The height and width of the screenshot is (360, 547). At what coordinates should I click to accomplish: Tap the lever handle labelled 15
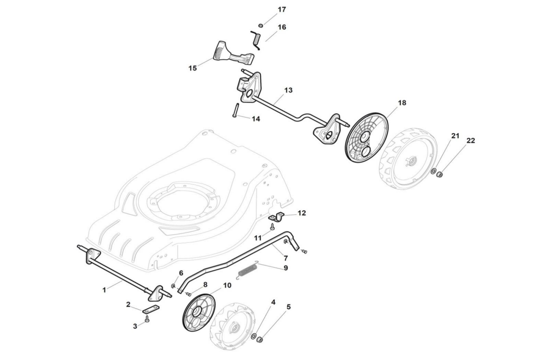click(x=226, y=52)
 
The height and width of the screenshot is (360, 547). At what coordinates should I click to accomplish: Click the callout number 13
click(x=288, y=90)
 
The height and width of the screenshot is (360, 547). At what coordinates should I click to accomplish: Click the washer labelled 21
click(x=434, y=171)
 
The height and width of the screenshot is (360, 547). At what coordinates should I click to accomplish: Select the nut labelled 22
click(x=439, y=175)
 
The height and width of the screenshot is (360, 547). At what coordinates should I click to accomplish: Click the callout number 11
click(x=258, y=237)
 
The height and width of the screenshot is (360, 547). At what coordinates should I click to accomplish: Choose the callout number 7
click(x=285, y=257)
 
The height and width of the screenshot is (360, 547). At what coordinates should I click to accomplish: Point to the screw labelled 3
click(x=147, y=318)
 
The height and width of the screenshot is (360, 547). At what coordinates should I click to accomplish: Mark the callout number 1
click(x=104, y=290)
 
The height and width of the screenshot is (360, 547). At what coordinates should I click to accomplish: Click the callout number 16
click(x=282, y=27)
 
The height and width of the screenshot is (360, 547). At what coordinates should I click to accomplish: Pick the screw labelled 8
click(x=189, y=294)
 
